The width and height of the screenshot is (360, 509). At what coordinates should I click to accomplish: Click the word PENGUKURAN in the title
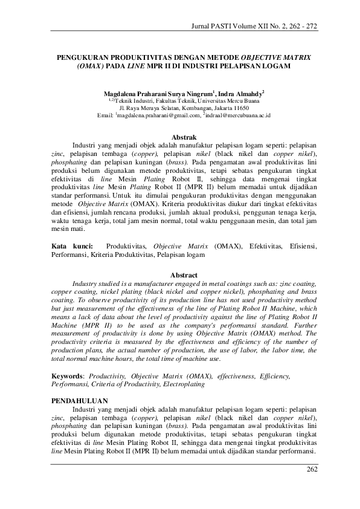[79, 56]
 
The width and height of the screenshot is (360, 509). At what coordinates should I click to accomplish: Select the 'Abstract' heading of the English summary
[184, 275]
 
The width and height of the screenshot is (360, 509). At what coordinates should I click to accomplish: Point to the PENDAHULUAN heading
[80, 401]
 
